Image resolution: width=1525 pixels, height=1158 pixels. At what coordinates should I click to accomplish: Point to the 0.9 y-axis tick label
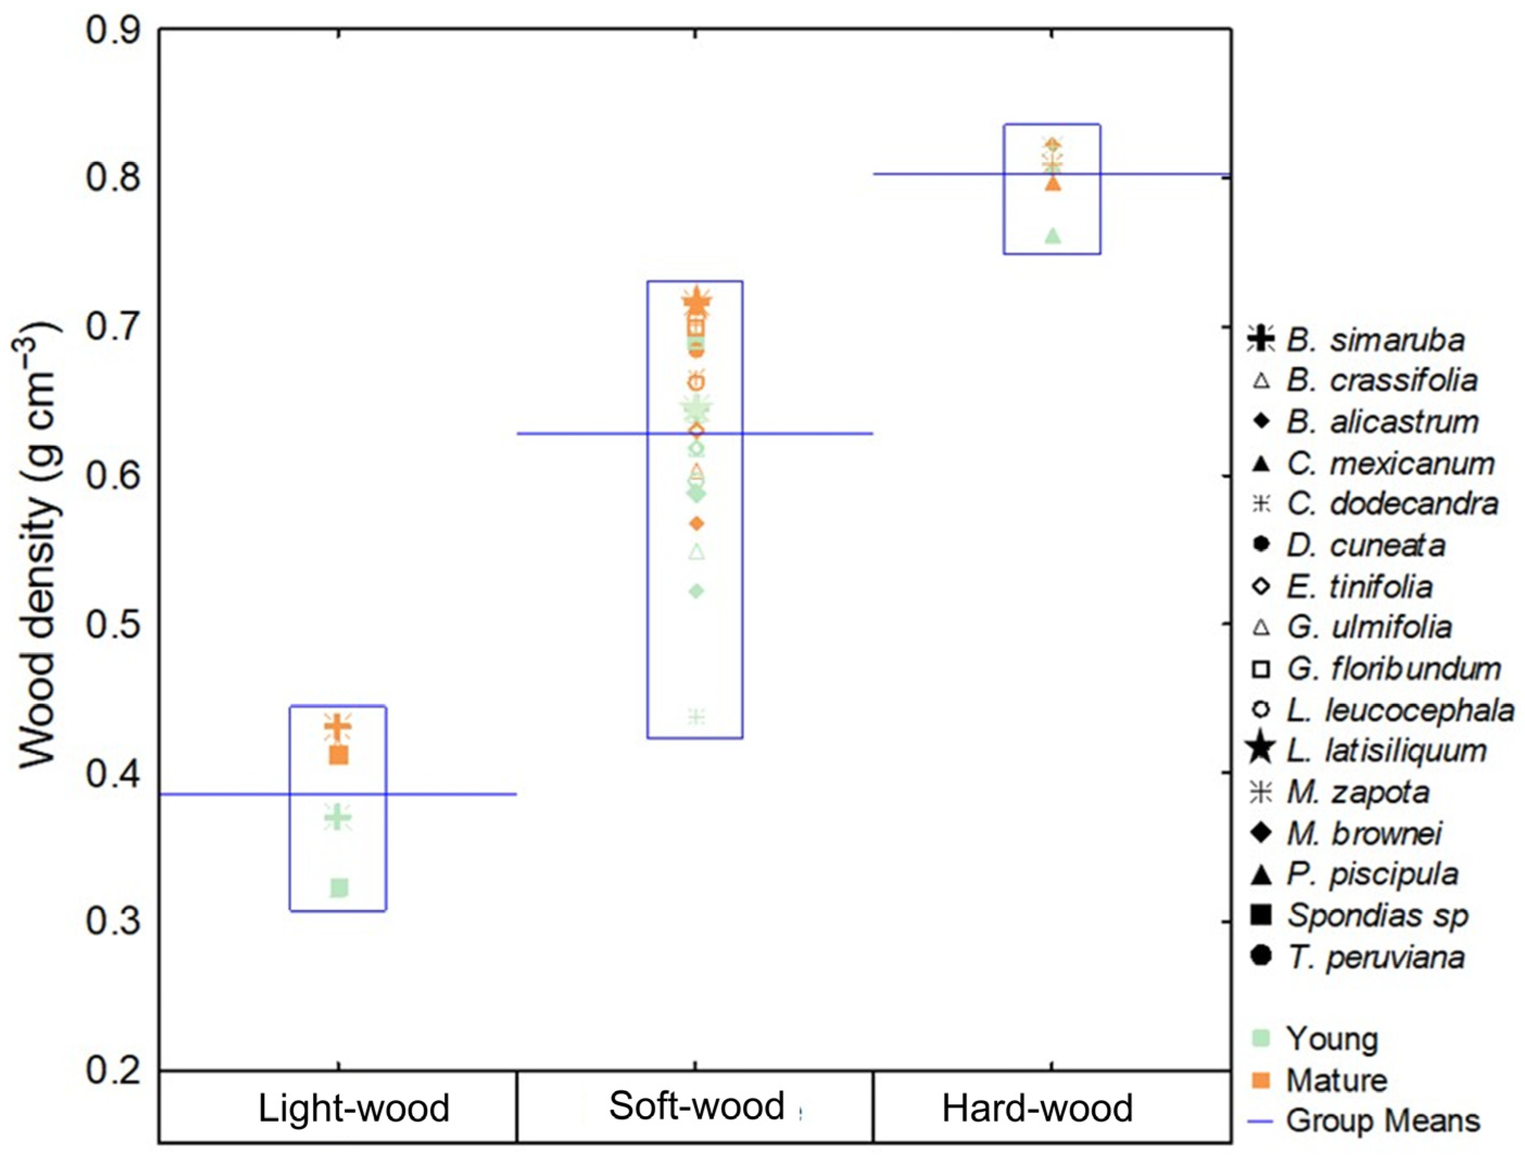112,31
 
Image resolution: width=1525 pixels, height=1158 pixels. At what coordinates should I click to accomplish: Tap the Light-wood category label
354,1109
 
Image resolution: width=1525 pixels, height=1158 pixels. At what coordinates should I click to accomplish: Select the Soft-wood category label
696,1106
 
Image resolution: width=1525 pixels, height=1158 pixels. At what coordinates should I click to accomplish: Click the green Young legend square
1261,1038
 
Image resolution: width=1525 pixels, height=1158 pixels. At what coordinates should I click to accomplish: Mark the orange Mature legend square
1261,1079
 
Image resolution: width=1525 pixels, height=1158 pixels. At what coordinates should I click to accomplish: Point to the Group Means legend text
1382,1121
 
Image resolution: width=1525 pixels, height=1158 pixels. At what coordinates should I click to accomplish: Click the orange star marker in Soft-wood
696,301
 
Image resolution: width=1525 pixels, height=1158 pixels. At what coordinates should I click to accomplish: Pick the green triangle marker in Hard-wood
1053,236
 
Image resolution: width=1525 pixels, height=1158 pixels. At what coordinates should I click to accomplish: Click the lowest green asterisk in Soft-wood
696,716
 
